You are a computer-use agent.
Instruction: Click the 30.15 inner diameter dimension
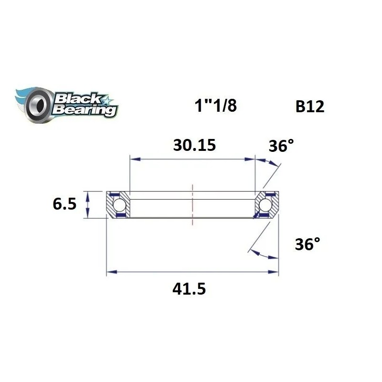[194, 145]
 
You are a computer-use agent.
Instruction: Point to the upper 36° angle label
[281, 146]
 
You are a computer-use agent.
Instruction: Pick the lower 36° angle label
[307, 245]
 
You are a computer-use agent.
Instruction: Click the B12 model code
[309, 106]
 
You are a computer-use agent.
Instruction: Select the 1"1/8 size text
[215, 106]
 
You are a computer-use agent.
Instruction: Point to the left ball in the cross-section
[120, 205]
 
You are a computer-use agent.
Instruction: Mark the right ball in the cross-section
[266, 205]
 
